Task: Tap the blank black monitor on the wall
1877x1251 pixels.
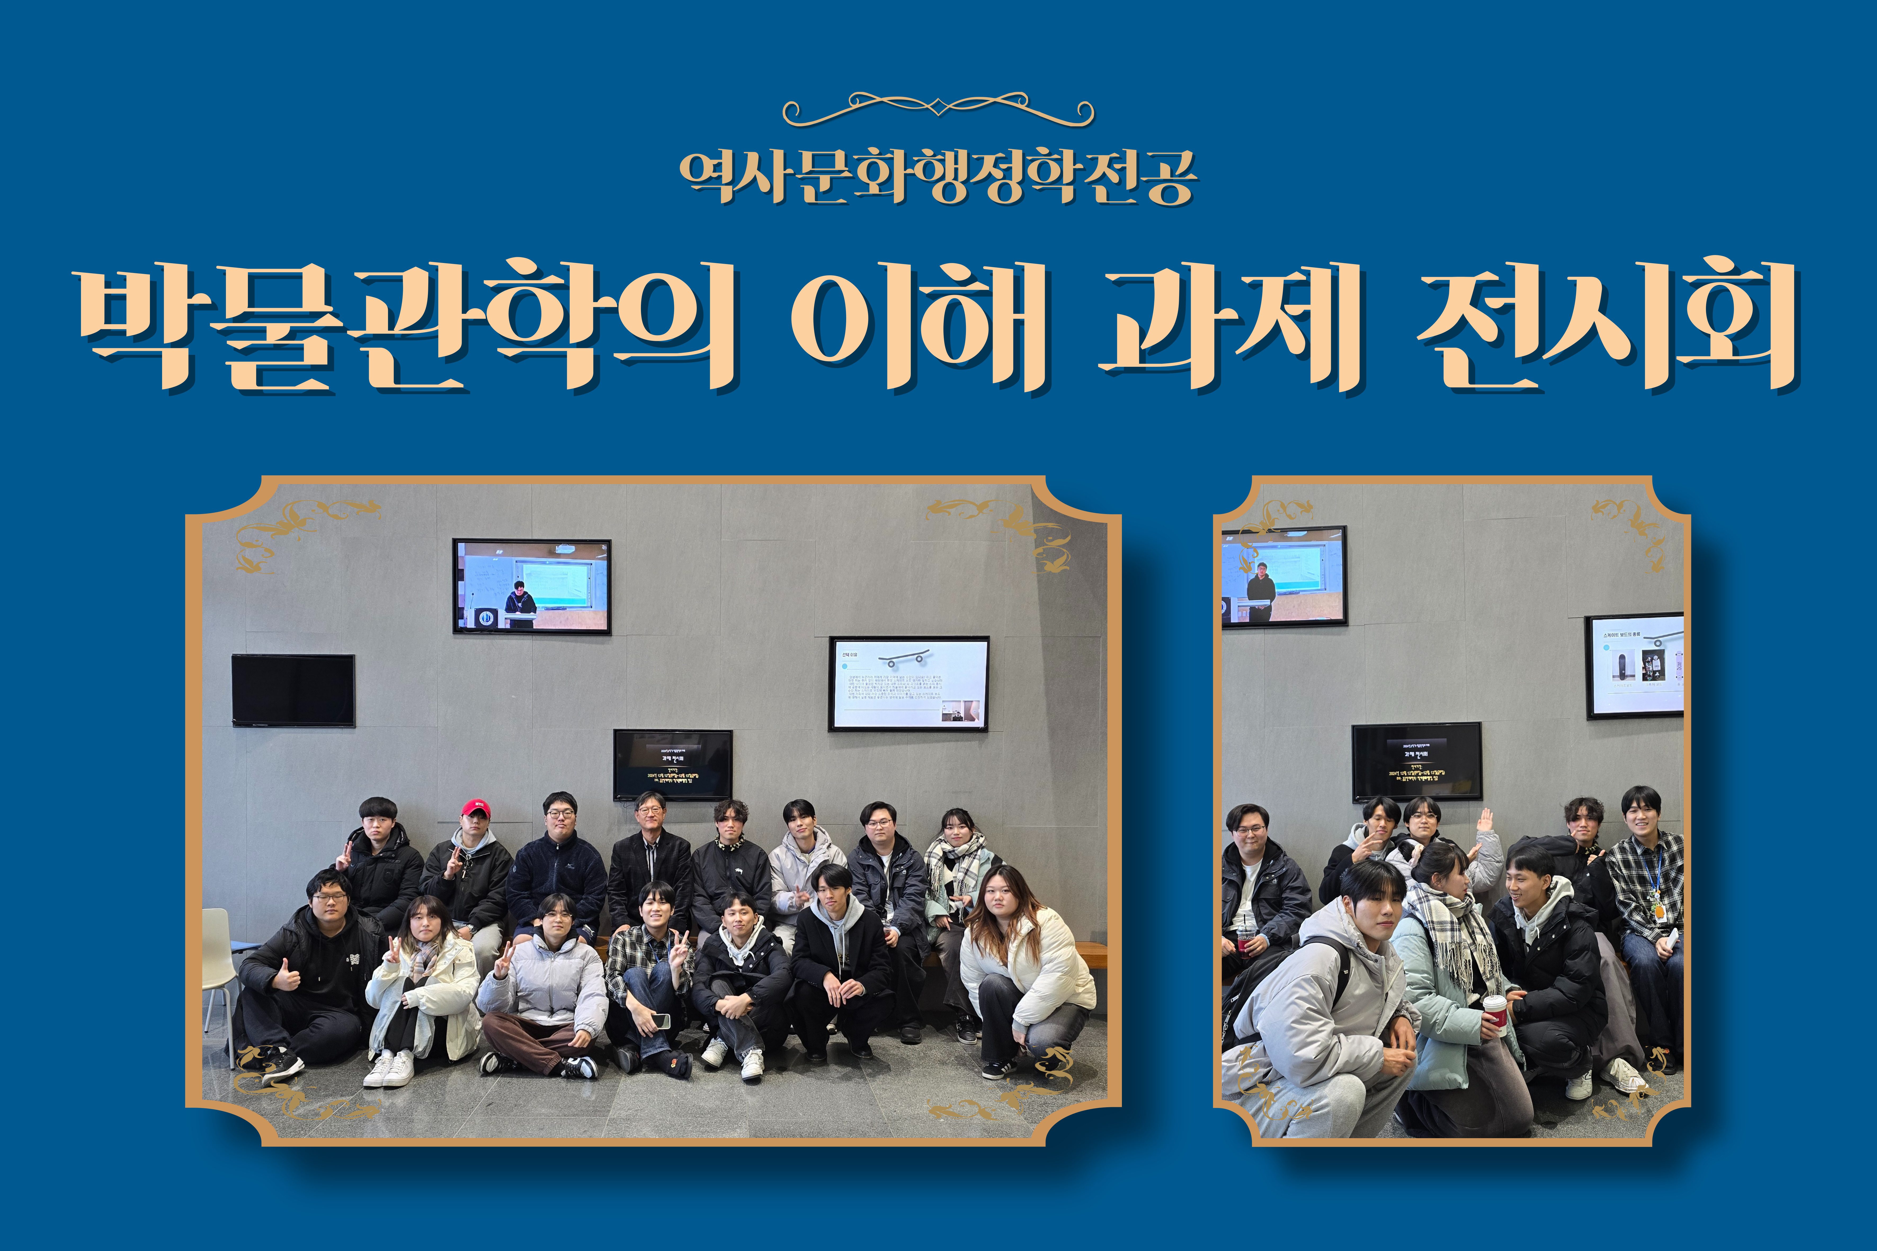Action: [x=293, y=690]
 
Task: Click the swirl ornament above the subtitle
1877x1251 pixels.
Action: [x=938, y=110]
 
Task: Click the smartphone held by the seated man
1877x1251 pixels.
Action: [x=661, y=1020]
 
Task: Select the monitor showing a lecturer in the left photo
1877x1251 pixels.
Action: [x=531, y=586]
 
